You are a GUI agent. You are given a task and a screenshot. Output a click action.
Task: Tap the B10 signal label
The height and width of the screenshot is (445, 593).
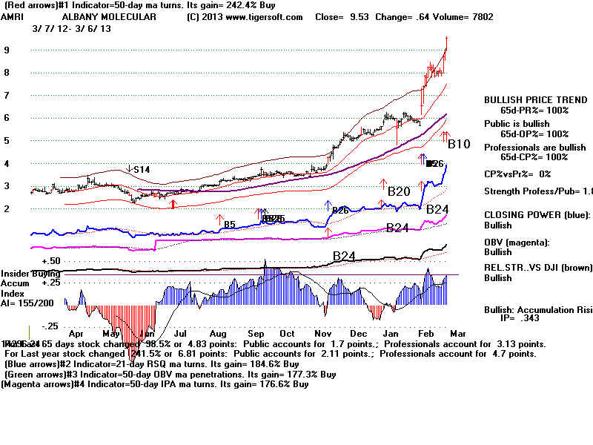pos(458,144)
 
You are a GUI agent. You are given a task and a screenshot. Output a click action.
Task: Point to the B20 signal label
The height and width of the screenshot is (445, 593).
pos(399,191)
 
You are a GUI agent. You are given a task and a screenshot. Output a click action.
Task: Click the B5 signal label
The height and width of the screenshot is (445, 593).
pos(229,224)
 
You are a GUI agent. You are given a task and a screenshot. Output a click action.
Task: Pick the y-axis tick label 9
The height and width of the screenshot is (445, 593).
pos(7,50)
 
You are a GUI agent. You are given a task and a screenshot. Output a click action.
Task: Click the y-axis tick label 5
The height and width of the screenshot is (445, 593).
pos(7,140)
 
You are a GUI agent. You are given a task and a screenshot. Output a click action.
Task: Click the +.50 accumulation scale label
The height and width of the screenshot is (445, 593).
pos(51,262)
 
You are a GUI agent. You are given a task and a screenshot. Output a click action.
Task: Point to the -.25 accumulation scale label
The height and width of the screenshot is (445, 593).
pos(50,326)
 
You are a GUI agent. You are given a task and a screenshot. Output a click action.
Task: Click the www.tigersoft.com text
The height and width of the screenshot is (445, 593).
pos(271,16)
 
